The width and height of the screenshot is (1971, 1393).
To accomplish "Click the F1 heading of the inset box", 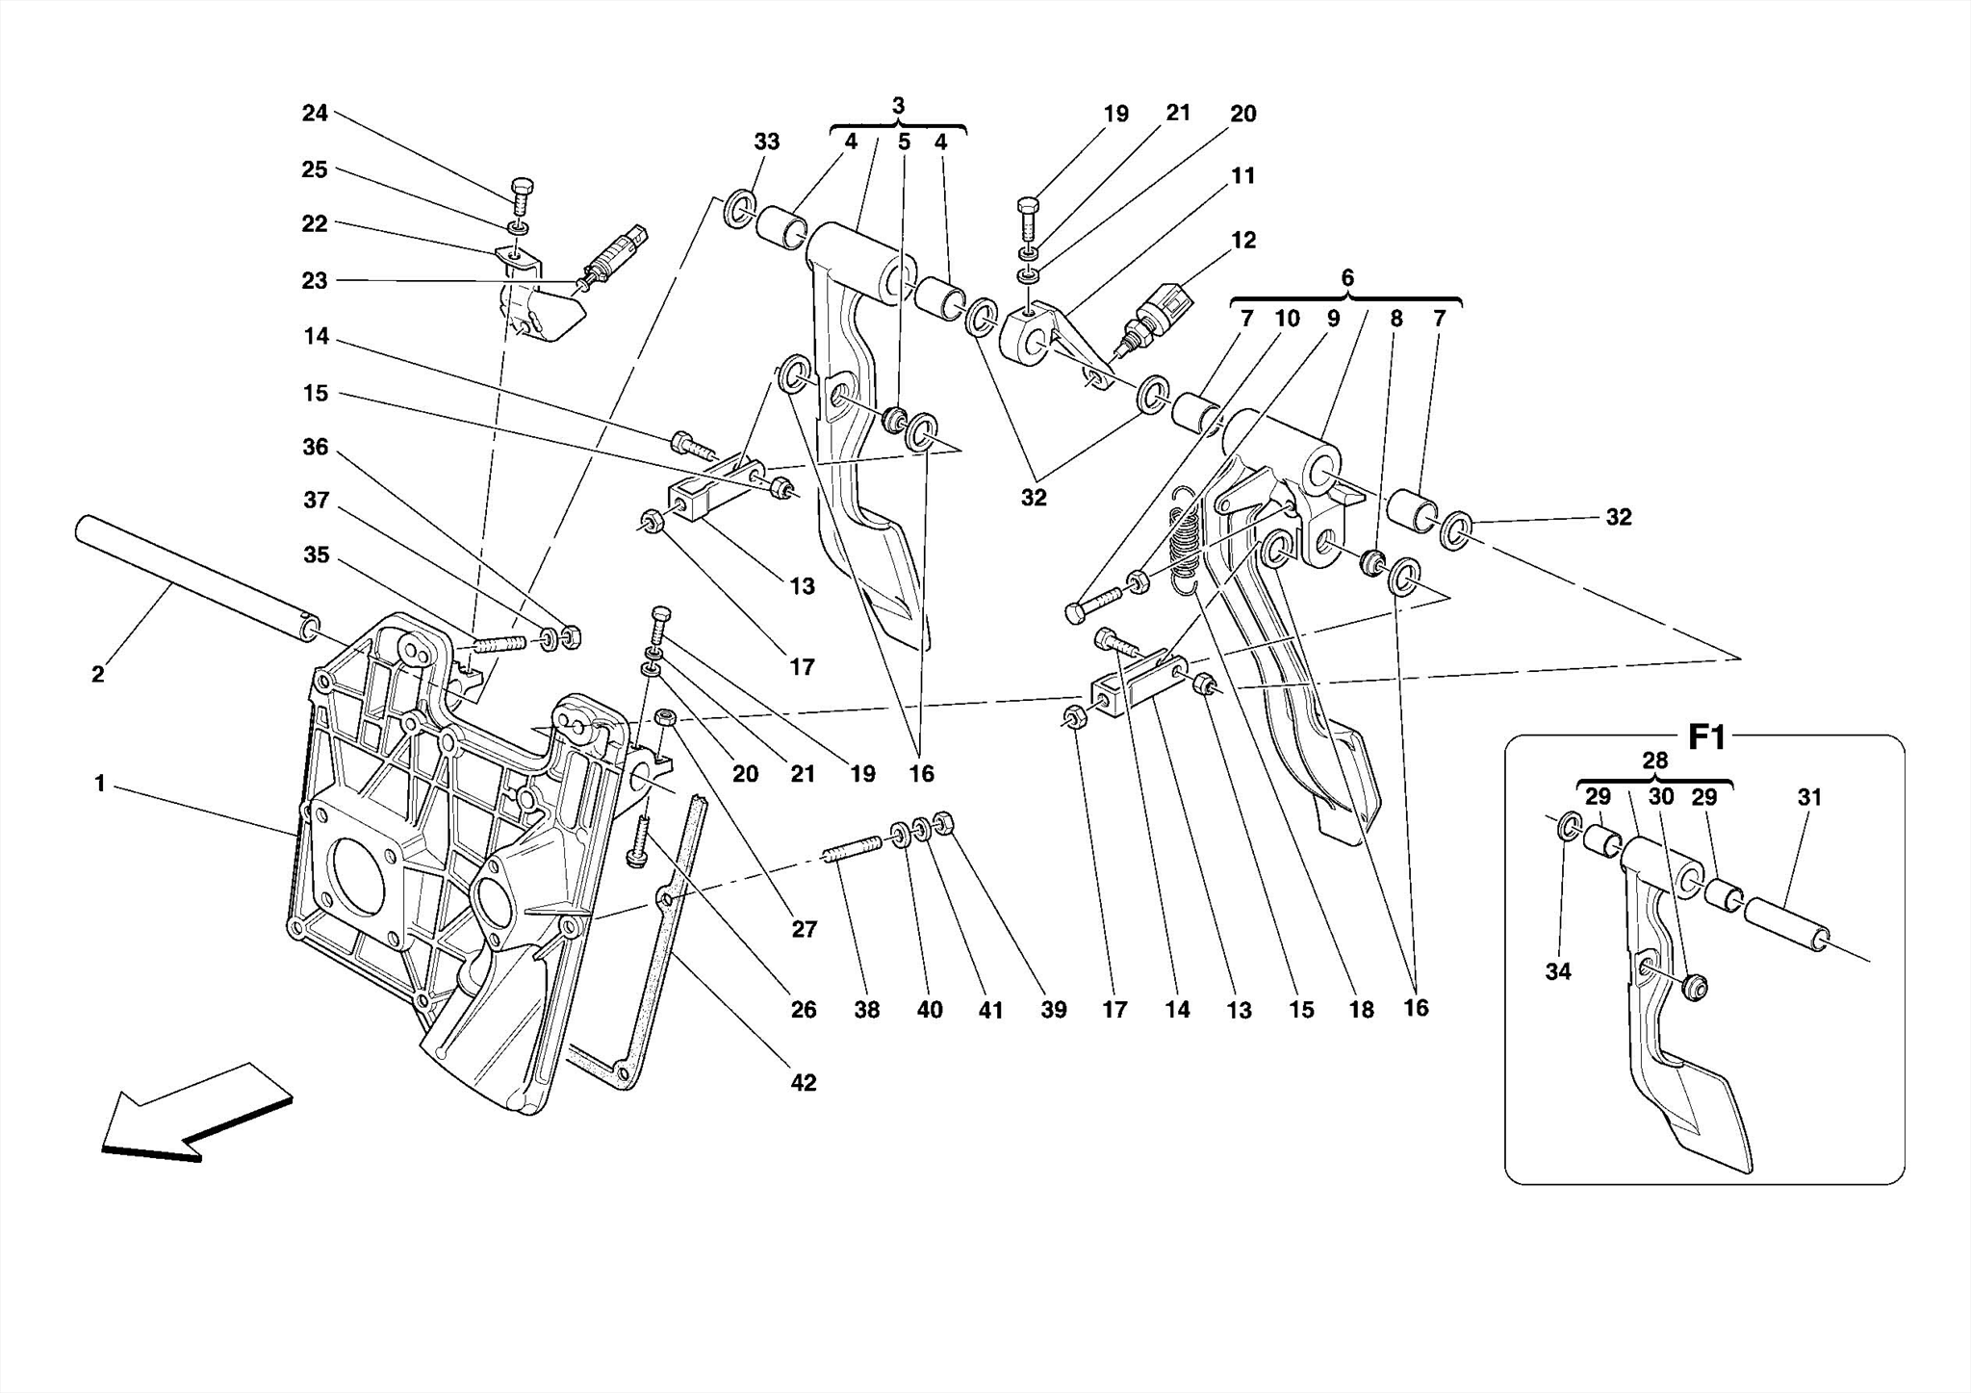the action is [x=1707, y=738].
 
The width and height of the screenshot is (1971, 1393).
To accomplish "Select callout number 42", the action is [x=803, y=1082].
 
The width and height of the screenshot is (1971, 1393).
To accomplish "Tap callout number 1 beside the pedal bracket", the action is [x=99, y=784].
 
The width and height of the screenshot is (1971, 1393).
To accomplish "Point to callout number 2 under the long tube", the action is [x=97, y=674].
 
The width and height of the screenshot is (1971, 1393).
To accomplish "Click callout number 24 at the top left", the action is [x=315, y=113].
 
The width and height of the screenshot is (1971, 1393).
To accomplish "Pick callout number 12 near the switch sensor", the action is [x=1243, y=240].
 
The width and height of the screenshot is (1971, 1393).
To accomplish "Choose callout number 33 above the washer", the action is [x=766, y=142].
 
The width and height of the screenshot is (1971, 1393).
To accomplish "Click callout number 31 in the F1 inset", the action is [x=1809, y=797].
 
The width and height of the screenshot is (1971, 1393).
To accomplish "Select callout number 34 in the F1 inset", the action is [x=1558, y=971].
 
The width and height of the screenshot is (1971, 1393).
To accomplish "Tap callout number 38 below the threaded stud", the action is [x=866, y=1010].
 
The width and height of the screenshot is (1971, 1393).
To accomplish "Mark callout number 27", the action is [x=804, y=929].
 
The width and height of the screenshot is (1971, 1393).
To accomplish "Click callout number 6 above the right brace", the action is [x=1347, y=277].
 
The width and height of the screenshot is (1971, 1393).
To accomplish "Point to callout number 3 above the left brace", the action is [x=898, y=106].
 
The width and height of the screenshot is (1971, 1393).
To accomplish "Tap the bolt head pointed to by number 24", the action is [x=521, y=186].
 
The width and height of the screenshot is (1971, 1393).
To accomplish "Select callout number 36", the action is [x=315, y=447].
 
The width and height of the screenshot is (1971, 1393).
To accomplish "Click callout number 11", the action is [x=1242, y=175].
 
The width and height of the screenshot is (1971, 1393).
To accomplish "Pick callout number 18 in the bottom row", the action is [x=1361, y=1010].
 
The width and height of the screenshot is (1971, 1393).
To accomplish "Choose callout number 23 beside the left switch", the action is [x=315, y=280].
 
